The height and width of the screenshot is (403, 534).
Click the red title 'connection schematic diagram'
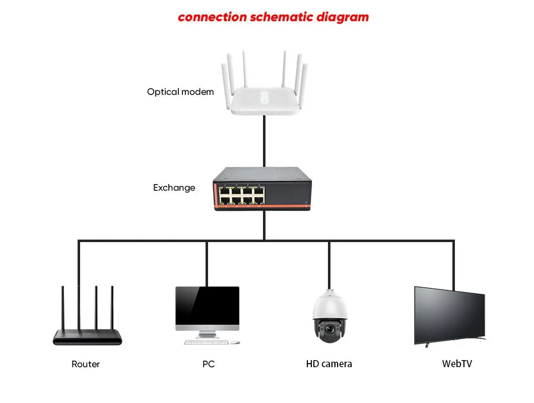click(273, 17)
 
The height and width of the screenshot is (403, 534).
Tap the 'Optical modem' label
click(180, 92)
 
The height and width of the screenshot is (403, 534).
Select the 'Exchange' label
click(174, 188)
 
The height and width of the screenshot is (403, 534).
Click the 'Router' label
click(86, 364)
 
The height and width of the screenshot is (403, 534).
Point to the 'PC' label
click(208, 364)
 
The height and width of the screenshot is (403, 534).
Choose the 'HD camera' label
click(329, 364)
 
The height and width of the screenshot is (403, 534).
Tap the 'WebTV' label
click(457, 363)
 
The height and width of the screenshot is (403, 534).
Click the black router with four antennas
click(88, 336)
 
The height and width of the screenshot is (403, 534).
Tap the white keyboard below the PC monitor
click(206, 342)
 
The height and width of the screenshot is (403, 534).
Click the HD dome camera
click(329, 318)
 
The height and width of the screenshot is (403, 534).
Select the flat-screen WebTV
click(449, 316)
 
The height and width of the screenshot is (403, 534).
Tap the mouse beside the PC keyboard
click(235, 342)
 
